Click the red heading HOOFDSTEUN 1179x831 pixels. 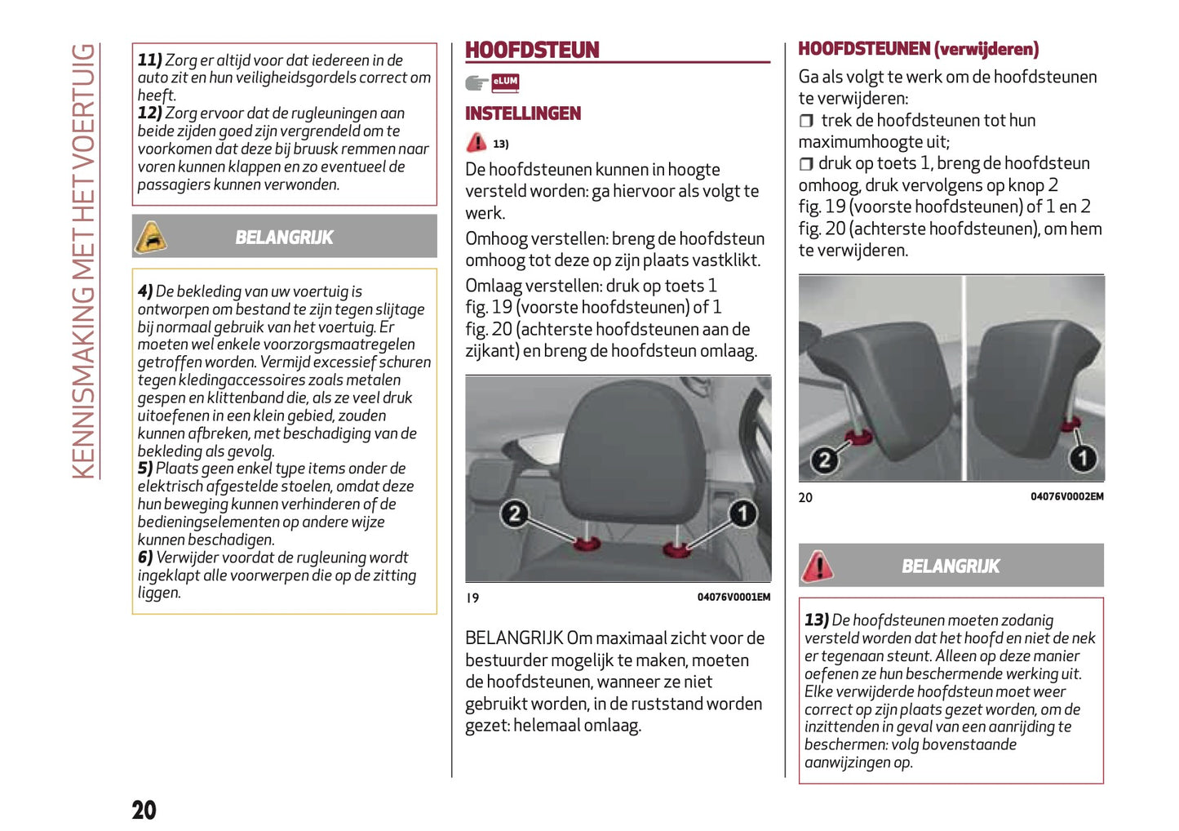click(532, 50)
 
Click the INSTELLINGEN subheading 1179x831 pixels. click(523, 113)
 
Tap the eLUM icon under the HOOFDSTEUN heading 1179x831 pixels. click(505, 82)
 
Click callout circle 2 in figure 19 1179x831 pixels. click(514, 514)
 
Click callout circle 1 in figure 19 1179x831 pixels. click(742, 513)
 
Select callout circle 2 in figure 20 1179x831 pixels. click(824, 460)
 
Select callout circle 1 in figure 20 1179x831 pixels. click(1083, 458)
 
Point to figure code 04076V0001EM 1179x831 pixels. click(733, 598)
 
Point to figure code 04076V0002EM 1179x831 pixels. click(1066, 496)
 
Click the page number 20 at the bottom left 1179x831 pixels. click(144, 810)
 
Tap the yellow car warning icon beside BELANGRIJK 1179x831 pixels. click(151, 237)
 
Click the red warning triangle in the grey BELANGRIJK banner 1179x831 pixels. click(817, 566)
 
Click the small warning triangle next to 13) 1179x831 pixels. click(476, 143)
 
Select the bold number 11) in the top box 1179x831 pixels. click(149, 60)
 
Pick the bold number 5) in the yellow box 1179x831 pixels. click(145, 468)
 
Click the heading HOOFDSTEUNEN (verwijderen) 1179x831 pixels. click(918, 49)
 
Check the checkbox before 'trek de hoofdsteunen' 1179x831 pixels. click(806, 121)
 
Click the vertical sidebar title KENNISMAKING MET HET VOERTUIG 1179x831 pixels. click(84, 261)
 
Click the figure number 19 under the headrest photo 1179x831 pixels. click(472, 598)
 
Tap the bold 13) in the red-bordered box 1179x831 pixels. click(817, 620)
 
